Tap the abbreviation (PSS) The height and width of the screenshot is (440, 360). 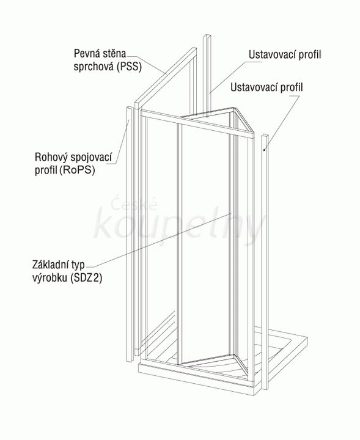pyautogui.click(x=130, y=67)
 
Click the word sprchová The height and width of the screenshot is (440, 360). pyautogui.click(x=94, y=67)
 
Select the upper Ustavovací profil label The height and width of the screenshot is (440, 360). pyautogui.click(x=285, y=55)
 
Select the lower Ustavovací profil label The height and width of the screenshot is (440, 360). pyautogui.click(x=266, y=87)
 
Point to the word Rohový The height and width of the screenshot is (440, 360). pyautogui.click(x=51, y=157)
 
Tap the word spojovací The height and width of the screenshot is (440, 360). pyautogui.click(x=91, y=158)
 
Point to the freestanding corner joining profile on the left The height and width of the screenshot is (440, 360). pyautogui.click(x=130, y=233)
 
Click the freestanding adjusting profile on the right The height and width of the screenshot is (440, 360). pyautogui.click(x=265, y=262)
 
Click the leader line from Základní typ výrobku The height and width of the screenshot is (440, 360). pyautogui.click(x=161, y=240)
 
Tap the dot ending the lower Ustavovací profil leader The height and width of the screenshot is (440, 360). pyautogui.click(x=264, y=150)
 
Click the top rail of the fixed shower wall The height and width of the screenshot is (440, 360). pyautogui.click(x=166, y=76)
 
